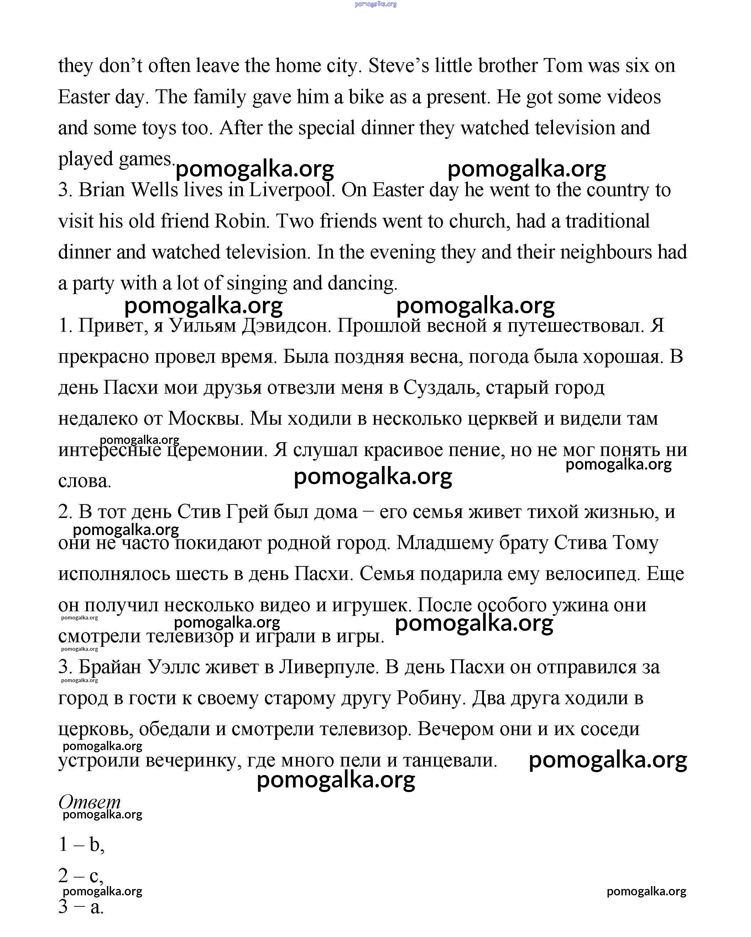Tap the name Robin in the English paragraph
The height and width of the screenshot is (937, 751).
pos(240,221)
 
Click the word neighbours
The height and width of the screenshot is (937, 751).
pos(606,252)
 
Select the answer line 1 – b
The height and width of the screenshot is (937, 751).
pos(81,844)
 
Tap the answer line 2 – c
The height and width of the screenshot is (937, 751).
pos(81,875)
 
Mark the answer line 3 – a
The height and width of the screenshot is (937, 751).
pos(81,907)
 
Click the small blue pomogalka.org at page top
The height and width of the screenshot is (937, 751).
pos(375,4)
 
